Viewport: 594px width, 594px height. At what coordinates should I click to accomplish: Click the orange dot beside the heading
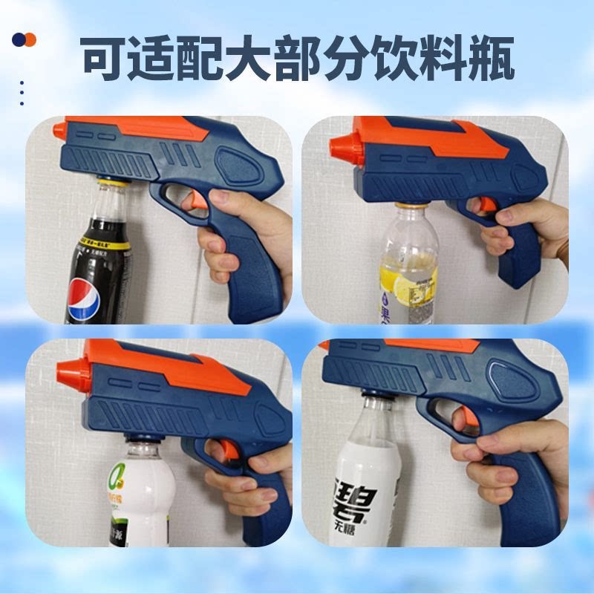click(x=30, y=39)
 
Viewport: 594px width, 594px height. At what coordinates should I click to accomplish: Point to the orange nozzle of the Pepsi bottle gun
click(x=59, y=131)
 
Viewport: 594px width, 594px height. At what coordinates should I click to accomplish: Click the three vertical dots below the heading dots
click(x=22, y=94)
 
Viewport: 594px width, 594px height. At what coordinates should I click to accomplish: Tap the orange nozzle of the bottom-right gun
click(x=324, y=346)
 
